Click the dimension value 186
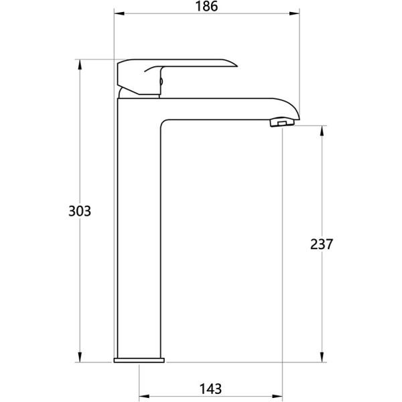click(x=206, y=6)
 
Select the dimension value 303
click(x=80, y=211)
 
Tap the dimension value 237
click(x=322, y=244)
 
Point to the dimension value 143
click(x=210, y=389)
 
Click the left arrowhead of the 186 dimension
click(x=119, y=13)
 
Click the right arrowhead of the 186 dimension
click(x=294, y=13)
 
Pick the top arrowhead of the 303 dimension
click(x=80, y=64)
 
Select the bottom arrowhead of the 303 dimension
click(x=80, y=357)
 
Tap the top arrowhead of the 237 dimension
click(x=322, y=131)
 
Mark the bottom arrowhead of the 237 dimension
click(x=322, y=357)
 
